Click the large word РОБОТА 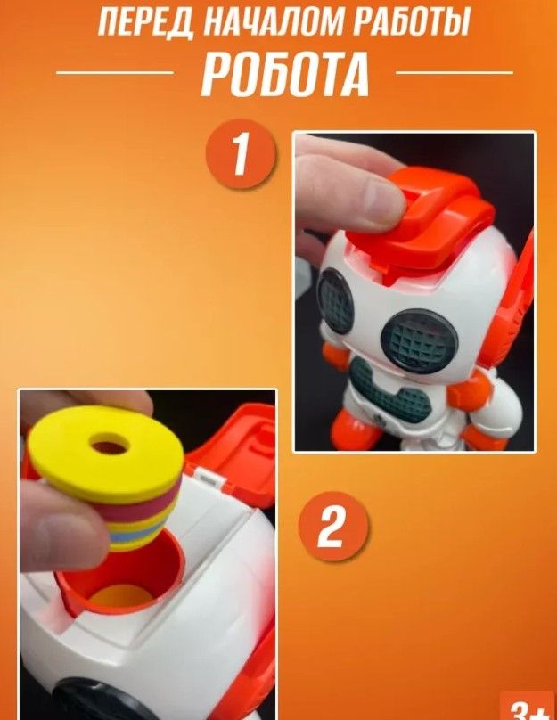click(x=284, y=74)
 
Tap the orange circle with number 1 click(x=241, y=154)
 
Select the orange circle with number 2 click(x=333, y=527)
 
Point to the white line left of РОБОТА click(x=114, y=72)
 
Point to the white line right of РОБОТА click(x=455, y=72)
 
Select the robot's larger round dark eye click(x=419, y=340)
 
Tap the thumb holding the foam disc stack click(x=60, y=528)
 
